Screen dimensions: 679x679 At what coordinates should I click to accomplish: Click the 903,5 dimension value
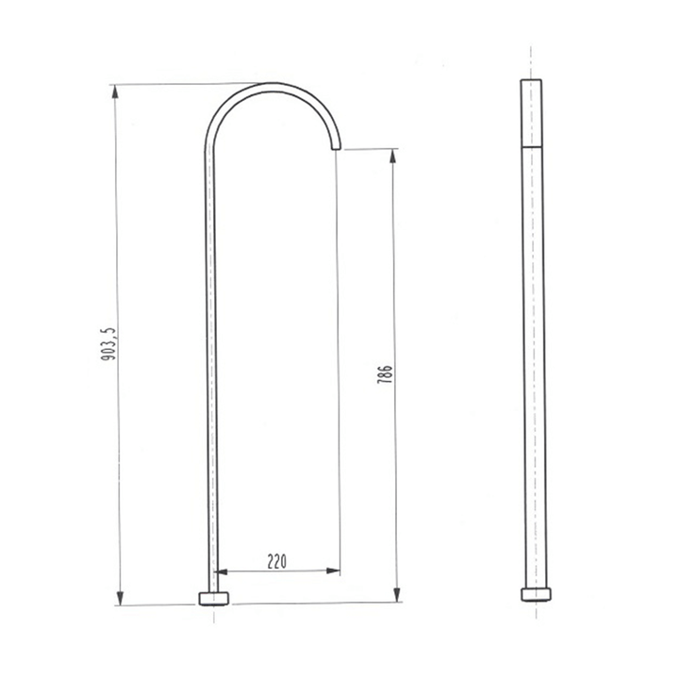(x=109, y=345)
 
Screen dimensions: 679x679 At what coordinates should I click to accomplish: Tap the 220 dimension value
(x=277, y=561)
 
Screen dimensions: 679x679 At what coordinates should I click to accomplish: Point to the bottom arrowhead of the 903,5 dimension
(x=120, y=598)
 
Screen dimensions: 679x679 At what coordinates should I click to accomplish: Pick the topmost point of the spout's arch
(x=273, y=84)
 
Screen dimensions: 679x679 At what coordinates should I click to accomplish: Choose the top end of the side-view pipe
(x=532, y=82)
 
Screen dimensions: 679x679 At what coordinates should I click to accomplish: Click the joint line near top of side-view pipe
(x=532, y=147)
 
